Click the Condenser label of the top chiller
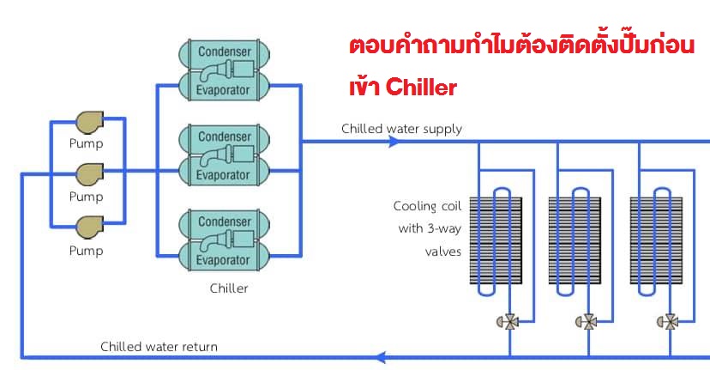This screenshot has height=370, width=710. [x=224, y=52]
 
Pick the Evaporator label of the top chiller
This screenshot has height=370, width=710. [x=224, y=88]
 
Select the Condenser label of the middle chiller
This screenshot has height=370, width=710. [x=224, y=136]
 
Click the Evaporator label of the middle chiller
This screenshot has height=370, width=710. [x=224, y=173]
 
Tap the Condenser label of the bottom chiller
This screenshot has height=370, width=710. [x=224, y=221]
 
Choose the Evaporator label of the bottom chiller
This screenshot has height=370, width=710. [x=224, y=258]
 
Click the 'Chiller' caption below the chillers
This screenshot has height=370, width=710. [x=228, y=288]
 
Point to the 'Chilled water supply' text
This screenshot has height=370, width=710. [x=401, y=129]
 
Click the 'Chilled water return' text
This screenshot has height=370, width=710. [x=159, y=347]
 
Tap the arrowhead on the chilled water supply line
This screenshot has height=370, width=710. [x=394, y=142]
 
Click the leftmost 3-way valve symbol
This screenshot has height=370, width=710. [x=508, y=322]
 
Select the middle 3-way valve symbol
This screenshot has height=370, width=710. [x=588, y=322]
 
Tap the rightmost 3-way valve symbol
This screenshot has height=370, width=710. [x=669, y=322]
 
